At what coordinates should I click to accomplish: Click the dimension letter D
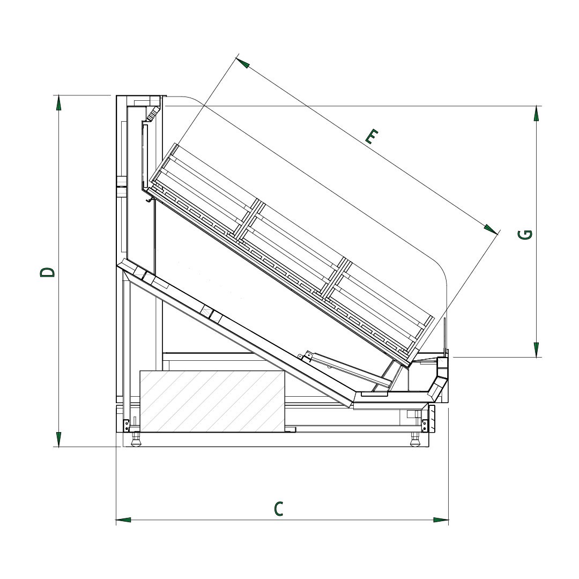pos(47,272)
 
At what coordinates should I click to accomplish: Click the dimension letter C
pos(279,508)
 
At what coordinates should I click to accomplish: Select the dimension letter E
pos(372,136)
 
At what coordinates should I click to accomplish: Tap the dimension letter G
pos(525,234)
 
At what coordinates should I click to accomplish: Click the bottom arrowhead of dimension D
pos(58,440)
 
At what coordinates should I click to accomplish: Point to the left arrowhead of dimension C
pos(123,520)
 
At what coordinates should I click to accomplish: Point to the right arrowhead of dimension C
pos(441,520)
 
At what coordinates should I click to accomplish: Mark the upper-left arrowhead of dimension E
pos(243,62)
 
